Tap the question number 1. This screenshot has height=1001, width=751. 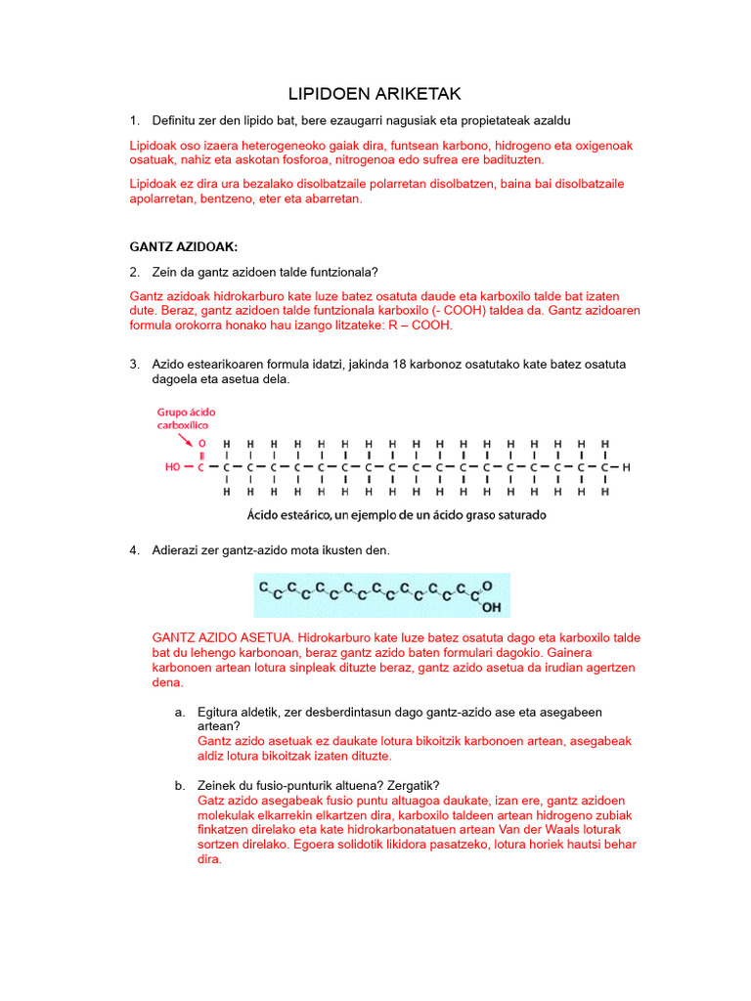[135, 120]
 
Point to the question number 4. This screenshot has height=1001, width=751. [135, 550]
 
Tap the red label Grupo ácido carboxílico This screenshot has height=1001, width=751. [185, 418]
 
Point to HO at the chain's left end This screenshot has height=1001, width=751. [174, 467]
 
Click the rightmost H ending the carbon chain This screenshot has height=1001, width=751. [627, 467]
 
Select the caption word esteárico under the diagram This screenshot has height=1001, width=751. [309, 514]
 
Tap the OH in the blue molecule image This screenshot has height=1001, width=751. [491, 606]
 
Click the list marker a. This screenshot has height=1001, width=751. [181, 713]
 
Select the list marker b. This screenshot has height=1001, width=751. [181, 785]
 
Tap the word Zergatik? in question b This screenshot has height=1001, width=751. [410, 785]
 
